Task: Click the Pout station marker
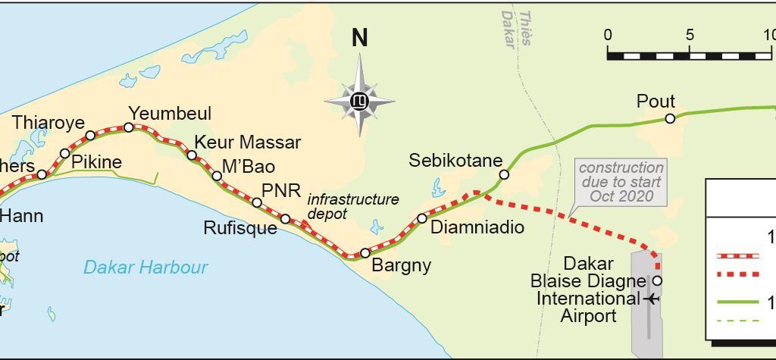tap(670, 118)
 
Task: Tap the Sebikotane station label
tap(455, 160)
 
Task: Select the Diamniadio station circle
tap(422, 218)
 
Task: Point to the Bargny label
tap(402, 265)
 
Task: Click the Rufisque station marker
tap(285, 219)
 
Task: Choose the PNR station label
tap(281, 190)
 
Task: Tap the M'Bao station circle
tap(217, 176)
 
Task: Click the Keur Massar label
tap(248, 142)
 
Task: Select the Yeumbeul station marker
tap(129, 127)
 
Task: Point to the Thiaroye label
tap(48, 123)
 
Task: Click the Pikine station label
tap(96, 162)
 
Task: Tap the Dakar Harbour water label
tap(145, 267)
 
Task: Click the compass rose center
tap(359, 100)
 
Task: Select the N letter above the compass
tap(360, 38)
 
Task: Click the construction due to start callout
tap(621, 182)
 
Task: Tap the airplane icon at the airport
tap(652, 299)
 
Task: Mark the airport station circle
tap(657, 280)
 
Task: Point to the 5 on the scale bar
tap(690, 35)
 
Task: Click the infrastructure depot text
tap(352, 206)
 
